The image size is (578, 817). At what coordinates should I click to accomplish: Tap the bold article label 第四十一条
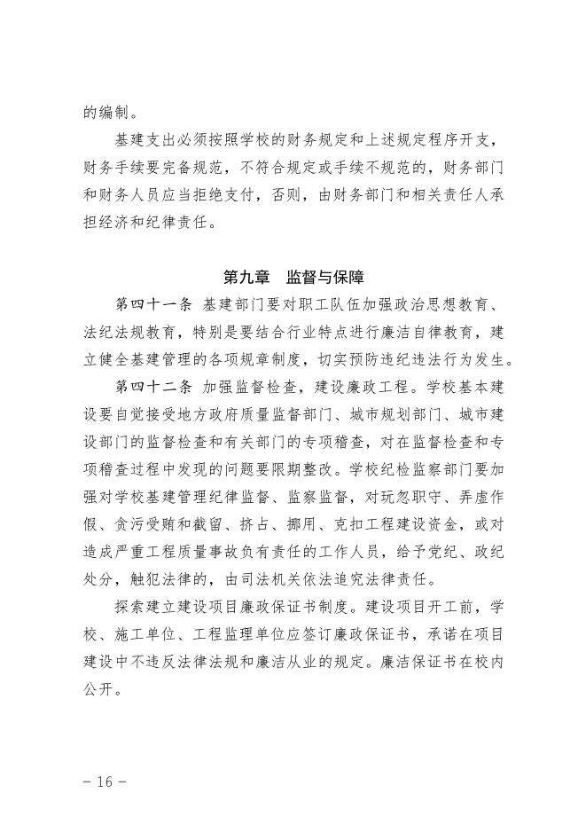click(x=153, y=305)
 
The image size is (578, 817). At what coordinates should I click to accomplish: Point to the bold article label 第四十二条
click(x=153, y=388)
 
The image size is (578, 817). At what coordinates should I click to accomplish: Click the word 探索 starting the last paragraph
click(x=128, y=608)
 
